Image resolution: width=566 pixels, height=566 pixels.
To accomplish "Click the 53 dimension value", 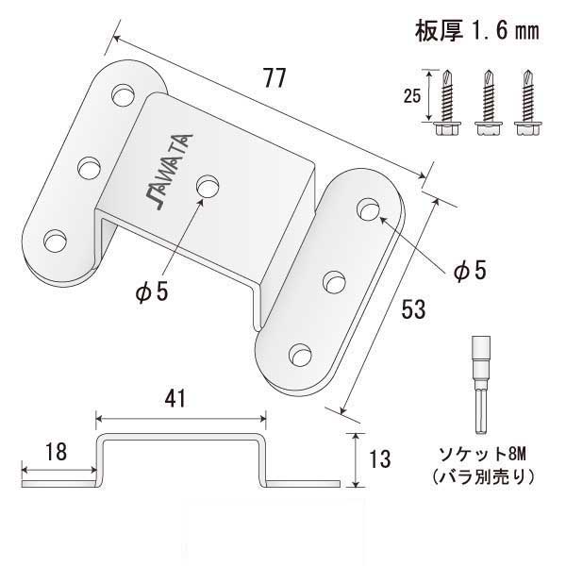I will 412,308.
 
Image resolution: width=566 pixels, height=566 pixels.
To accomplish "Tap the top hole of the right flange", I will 369,208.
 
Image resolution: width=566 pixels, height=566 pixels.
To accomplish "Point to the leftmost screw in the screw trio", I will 446,105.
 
